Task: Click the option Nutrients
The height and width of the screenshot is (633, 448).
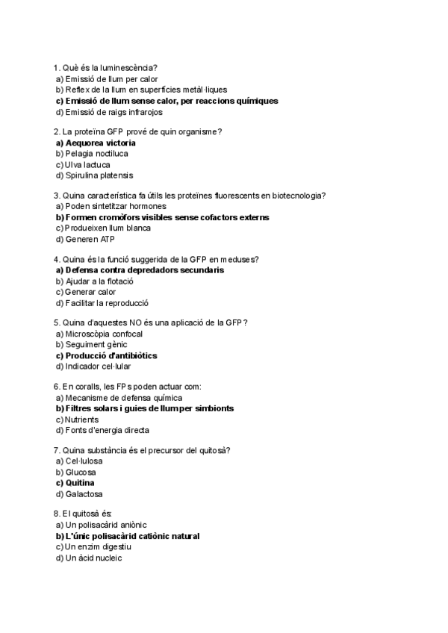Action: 81,420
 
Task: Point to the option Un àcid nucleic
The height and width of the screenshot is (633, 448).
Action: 93,558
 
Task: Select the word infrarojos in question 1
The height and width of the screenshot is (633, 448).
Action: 140,112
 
